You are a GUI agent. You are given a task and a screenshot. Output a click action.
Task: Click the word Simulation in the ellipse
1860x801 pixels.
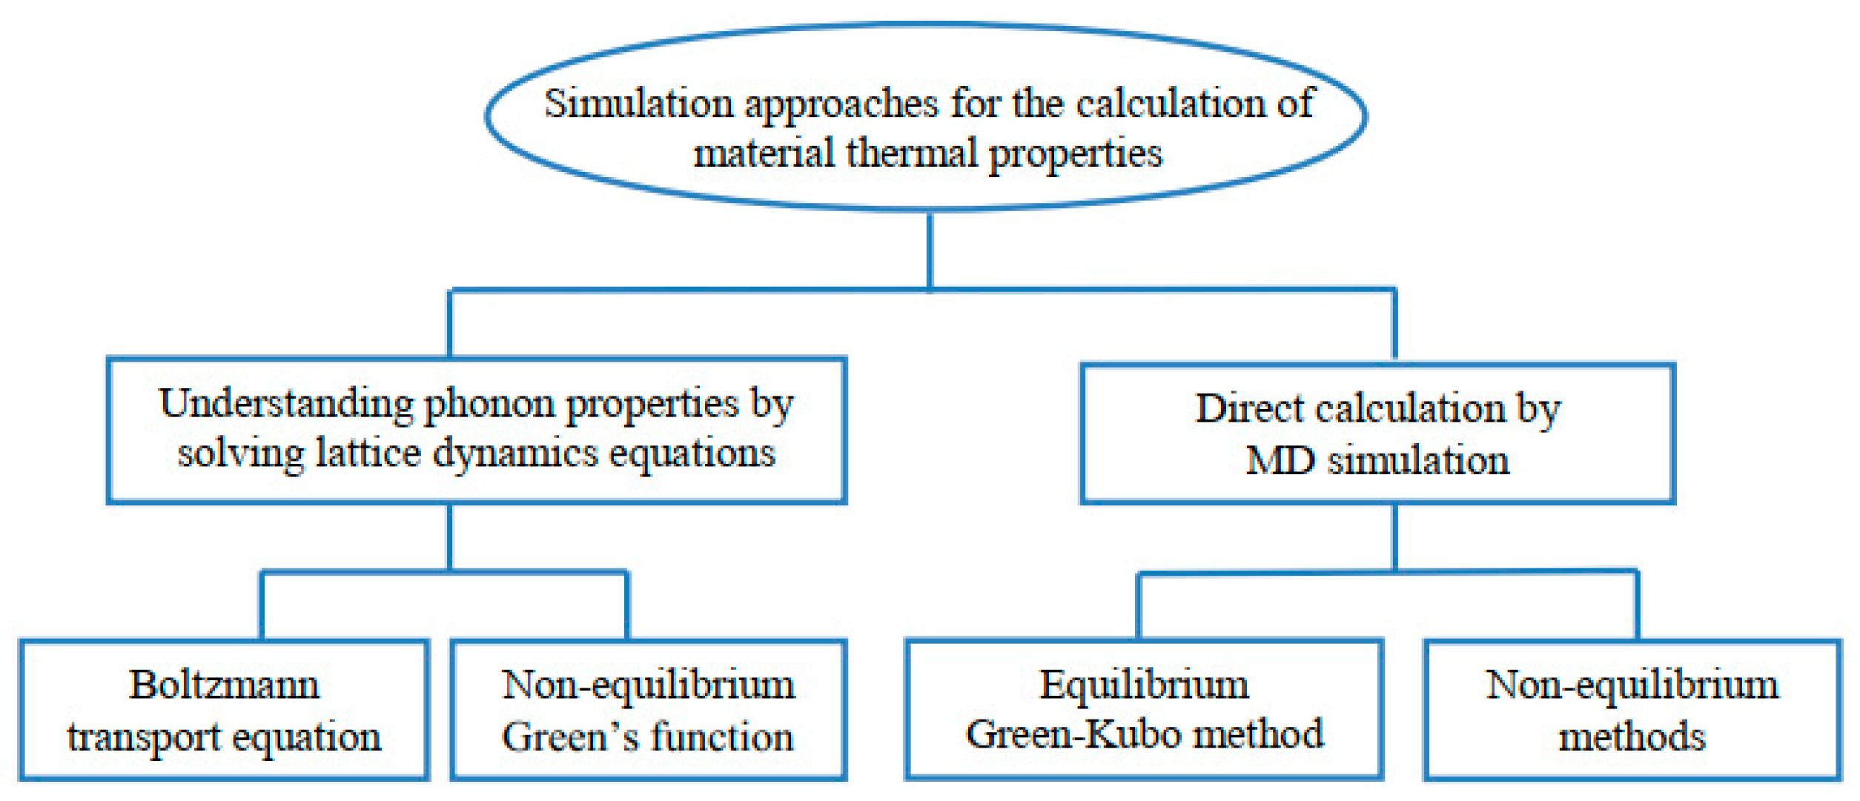pos(638,104)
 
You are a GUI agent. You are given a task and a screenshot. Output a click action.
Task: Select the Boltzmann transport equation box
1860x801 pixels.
pos(224,710)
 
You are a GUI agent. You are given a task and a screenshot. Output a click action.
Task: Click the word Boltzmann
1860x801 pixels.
pos(224,685)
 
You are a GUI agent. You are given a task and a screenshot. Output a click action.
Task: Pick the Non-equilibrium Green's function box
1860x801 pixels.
pos(648,710)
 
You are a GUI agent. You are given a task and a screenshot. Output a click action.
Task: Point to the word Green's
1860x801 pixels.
pos(569,737)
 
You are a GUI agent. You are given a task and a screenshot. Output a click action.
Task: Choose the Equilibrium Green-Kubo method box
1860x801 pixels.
pos(1144,709)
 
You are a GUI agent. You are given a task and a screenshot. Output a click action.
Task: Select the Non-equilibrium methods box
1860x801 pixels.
pos(1632,710)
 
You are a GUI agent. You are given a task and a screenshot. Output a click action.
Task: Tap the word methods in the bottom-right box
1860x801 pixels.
pos(1632,737)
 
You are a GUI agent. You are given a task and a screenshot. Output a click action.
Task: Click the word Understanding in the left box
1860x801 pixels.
pos(286,405)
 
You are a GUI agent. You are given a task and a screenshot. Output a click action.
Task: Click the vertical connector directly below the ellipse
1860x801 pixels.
pos(930,250)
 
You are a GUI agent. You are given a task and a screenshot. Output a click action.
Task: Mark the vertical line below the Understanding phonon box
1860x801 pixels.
pos(449,536)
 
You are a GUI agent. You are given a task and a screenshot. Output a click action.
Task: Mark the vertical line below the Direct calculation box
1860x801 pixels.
pos(1394,536)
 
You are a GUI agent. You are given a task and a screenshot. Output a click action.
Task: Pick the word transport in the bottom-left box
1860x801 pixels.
pos(144,737)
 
